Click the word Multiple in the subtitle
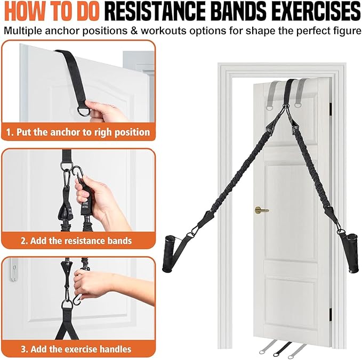pyautogui.click(x=25, y=30)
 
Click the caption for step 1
pyautogui.click(x=78, y=131)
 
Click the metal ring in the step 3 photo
pyautogui.click(x=67, y=305)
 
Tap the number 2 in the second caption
pyautogui.click(x=24, y=240)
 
